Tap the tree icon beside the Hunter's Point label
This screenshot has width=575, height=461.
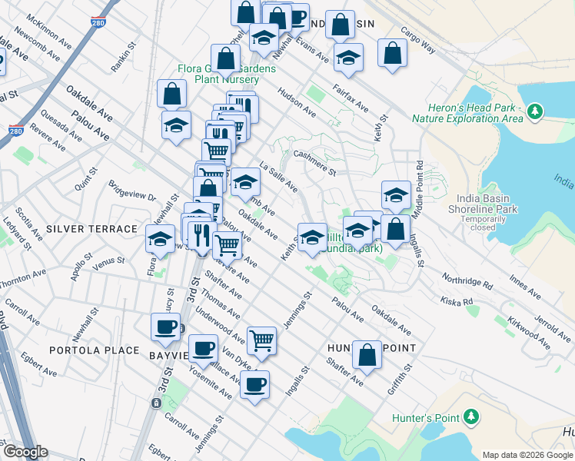471,417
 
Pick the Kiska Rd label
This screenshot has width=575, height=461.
457,300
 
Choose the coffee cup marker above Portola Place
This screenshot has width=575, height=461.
165,328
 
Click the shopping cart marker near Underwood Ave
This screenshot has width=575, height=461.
262,339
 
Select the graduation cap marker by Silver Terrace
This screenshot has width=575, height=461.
160,239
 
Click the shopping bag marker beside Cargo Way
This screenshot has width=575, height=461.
392,54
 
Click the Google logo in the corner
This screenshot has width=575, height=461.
25,452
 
